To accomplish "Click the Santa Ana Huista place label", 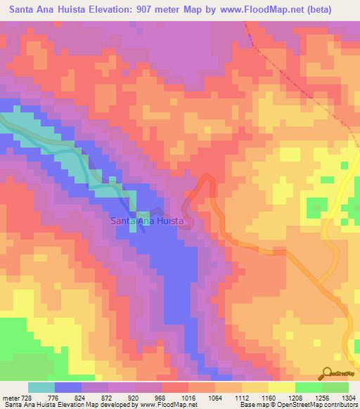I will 148,221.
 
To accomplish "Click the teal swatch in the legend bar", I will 41,387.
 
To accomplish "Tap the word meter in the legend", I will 11,398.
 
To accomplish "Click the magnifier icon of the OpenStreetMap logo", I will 325,373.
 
